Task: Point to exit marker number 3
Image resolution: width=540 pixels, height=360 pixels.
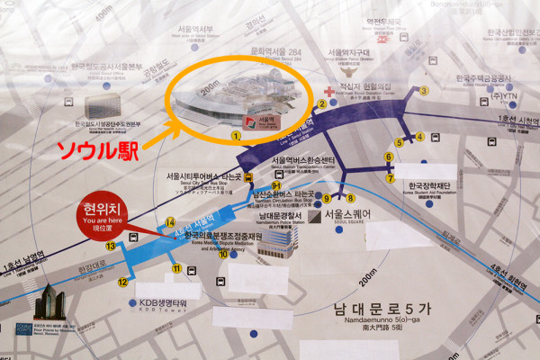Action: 424,91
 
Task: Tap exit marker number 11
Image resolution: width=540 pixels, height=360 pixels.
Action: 177,268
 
